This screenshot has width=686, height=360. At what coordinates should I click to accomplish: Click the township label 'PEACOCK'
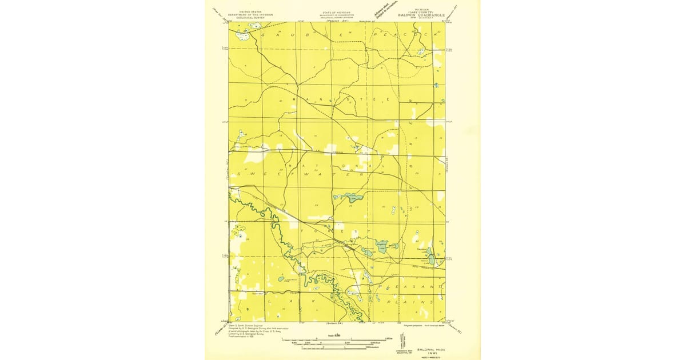[406, 35]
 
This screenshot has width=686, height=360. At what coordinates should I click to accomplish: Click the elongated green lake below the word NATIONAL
[350, 198]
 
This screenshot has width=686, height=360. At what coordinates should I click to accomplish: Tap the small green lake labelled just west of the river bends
[281, 279]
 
